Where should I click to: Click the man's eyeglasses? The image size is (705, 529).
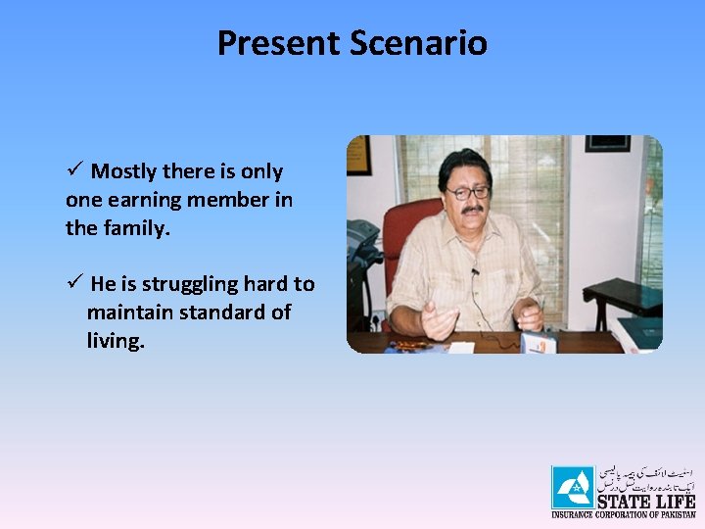click(x=468, y=193)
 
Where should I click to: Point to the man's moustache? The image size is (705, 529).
click(x=471, y=210)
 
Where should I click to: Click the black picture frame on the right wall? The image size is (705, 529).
click(x=607, y=143)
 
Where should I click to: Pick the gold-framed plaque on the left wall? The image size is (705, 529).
click(x=358, y=155)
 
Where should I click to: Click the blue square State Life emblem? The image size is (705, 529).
click(x=572, y=487)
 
